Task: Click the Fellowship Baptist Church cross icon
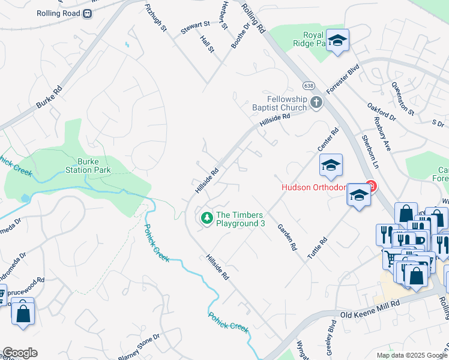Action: point(316,103)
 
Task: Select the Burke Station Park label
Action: point(94,166)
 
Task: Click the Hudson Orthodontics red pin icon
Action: point(371,187)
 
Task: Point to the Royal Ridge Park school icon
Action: point(338,41)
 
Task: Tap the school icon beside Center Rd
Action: point(330,166)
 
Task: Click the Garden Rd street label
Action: point(287,237)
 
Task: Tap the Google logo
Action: point(20,353)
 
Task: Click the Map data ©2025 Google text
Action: point(412,355)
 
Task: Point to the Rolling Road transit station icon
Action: point(88,13)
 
